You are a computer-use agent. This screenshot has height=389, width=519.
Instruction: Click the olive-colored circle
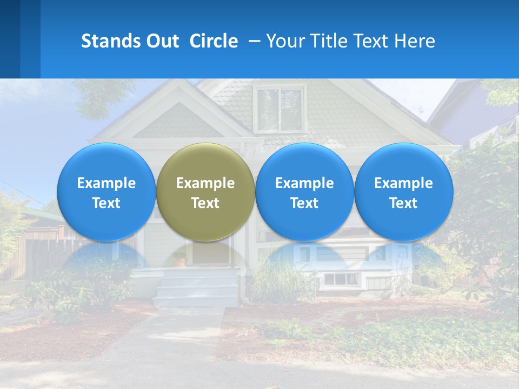pos(205,162)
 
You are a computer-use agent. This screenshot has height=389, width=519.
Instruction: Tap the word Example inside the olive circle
pos(205,183)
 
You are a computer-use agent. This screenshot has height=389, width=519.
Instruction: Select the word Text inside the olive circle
pos(205,203)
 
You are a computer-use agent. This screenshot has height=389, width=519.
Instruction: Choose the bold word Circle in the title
pos(214,41)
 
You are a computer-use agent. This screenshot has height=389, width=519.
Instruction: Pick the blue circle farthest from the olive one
pos(404,162)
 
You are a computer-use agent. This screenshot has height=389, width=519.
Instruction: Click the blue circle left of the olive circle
pos(107,162)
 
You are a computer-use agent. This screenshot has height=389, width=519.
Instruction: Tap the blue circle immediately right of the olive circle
pos(304,162)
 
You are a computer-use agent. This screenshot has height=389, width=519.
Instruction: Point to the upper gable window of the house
pos(280,110)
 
